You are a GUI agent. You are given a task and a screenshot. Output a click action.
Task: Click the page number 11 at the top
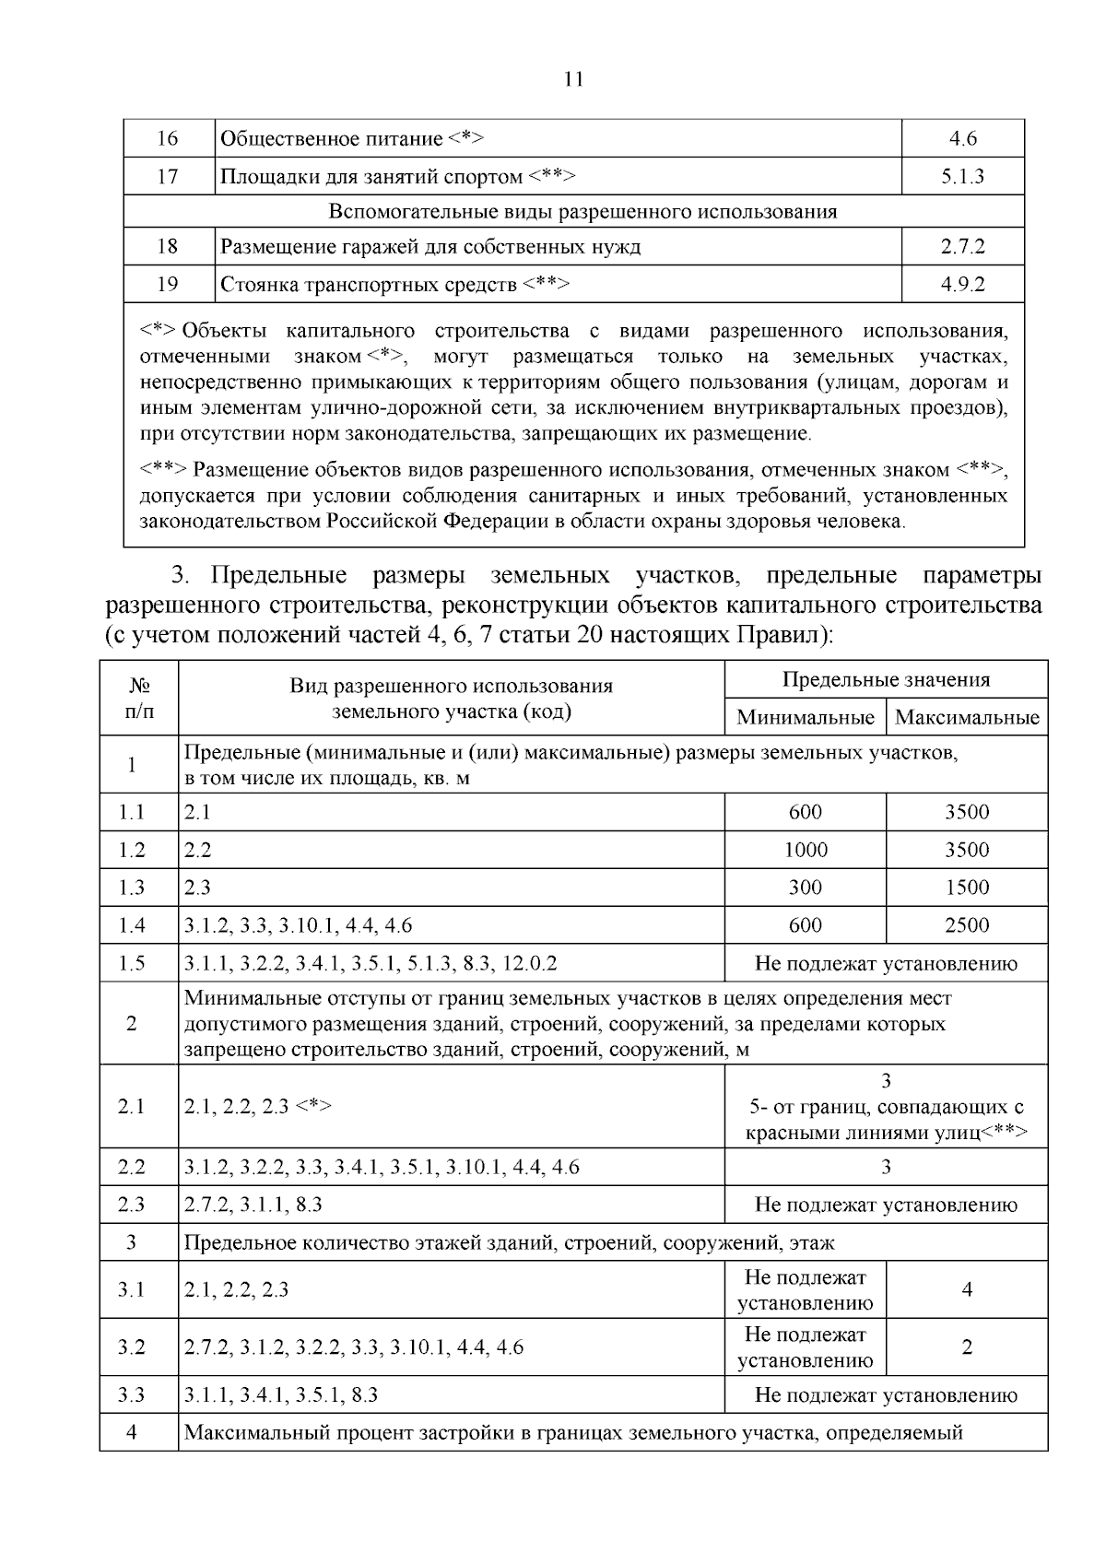pyautogui.click(x=572, y=79)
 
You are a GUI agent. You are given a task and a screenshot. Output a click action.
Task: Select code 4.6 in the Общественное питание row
pyautogui.click(x=962, y=139)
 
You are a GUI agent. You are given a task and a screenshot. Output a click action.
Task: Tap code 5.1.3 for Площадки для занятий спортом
pyautogui.click(x=962, y=176)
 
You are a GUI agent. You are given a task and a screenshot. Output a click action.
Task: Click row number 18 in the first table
pyautogui.click(x=168, y=247)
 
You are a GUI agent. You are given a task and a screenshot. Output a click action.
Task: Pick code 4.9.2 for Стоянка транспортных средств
pyautogui.click(x=962, y=285)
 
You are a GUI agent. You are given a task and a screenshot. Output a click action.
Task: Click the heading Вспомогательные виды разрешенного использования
pyautogui.click(x=582, y=212)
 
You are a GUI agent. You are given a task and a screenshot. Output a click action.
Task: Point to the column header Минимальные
pyautogui.click(x=806, y=717)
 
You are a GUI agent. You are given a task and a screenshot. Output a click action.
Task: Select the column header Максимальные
pyautogui.click(x=967, y=717)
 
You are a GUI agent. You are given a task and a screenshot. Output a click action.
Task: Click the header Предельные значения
pyautogui.click(x=886, y=680)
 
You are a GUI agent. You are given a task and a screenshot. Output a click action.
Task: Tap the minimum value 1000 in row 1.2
pyautogui.click(x=806, y=850)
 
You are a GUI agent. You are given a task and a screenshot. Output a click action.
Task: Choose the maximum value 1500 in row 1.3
pyautogui.click(x=967, y=888)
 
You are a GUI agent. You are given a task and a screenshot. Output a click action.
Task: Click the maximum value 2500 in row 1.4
pyautogui.click(x=967, y=925)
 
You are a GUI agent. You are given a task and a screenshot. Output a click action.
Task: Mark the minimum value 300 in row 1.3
pyautogui.click(x=806, y=888)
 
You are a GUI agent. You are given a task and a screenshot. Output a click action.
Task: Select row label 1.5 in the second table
pyautogui.click(x=132, y=964)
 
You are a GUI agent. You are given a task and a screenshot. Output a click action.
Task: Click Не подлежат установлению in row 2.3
pyautogui.click(x=886, y=1205)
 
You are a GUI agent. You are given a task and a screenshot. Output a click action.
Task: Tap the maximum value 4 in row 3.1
pyautogui.click(x=967, y=1289)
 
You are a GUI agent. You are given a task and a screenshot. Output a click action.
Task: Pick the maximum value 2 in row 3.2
pyautogui.click(x=967, y=1346)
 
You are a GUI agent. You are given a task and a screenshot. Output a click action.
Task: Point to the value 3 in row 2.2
pyautogui.click(x=886, y=1167)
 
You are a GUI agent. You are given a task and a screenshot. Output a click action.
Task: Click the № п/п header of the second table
pyautogui.click(x=140, y=699)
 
